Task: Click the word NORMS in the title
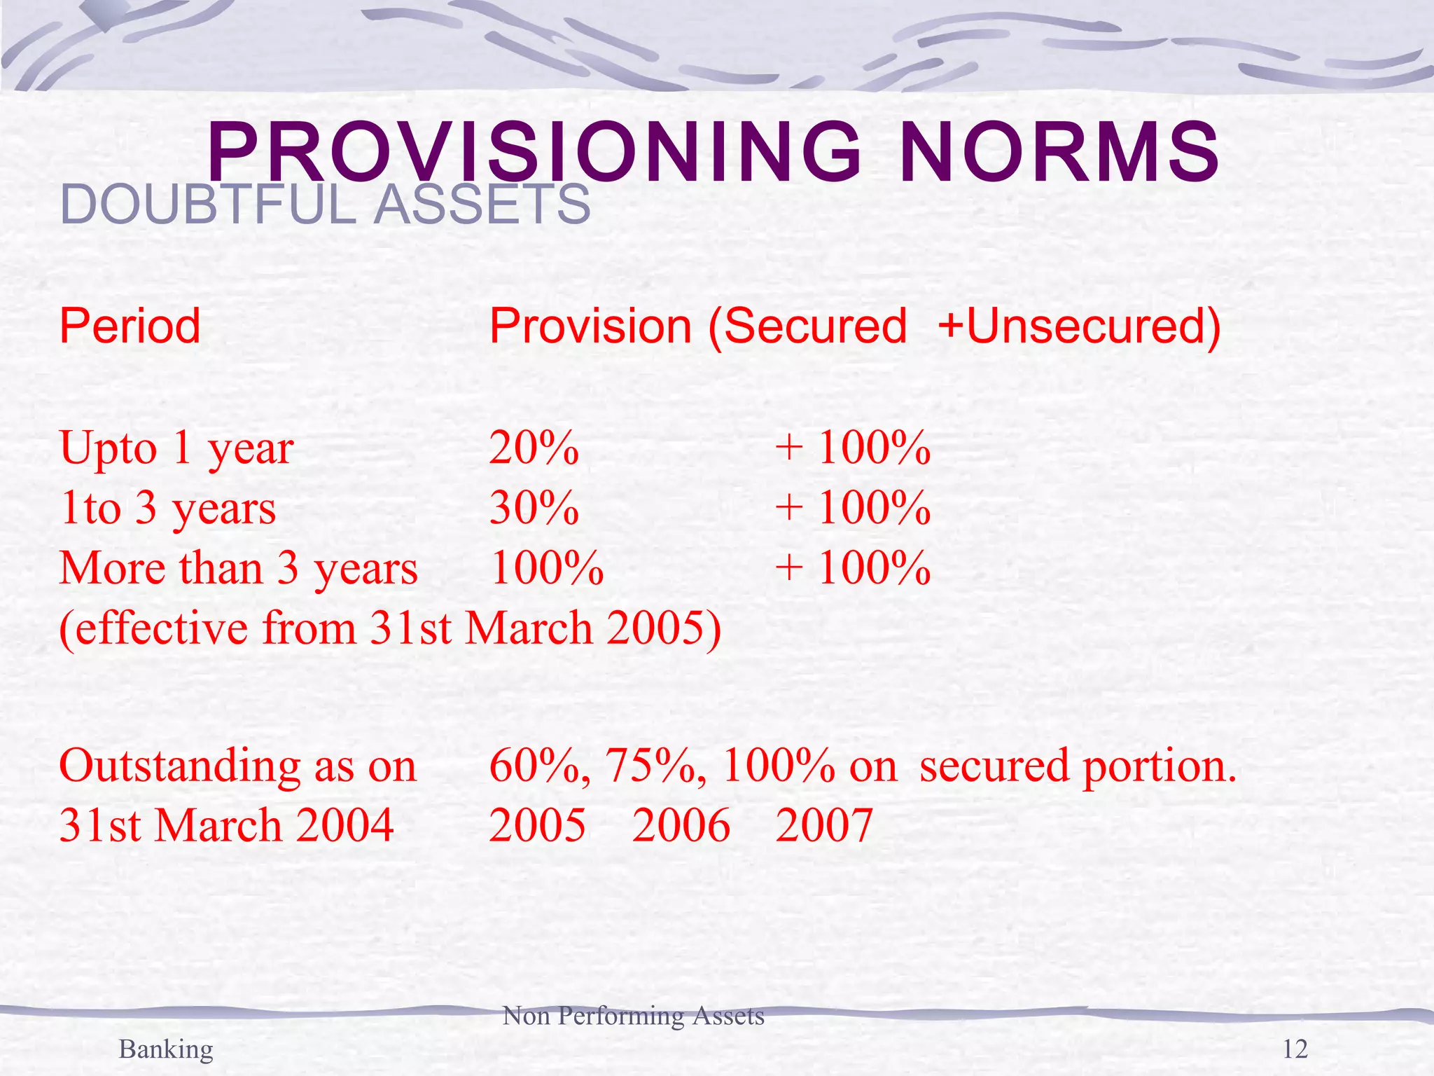(1059, 153)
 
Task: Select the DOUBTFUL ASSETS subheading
(326, 205)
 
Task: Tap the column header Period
(130, 326)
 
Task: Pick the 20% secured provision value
(534, 448)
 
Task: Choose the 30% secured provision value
(534, 508)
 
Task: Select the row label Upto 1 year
(176, 449)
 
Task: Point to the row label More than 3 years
(239, 568)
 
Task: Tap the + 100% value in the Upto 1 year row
(853, 448)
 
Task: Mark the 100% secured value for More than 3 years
(546, 568)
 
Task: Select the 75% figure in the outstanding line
(654, 766)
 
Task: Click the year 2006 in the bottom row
(681, 825)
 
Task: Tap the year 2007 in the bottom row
(824, 825)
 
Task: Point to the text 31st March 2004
(226, 825)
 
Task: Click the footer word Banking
(166, 1049)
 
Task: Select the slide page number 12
(1295, 1049)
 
